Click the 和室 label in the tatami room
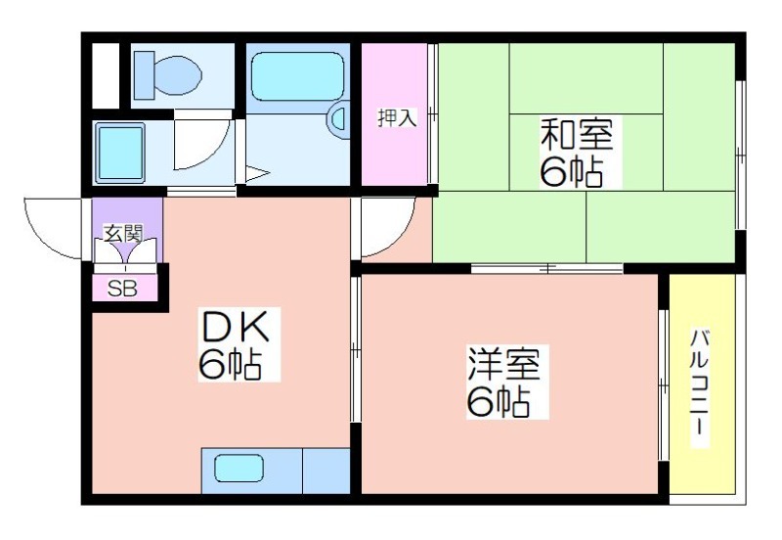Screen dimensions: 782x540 tap(577, 134)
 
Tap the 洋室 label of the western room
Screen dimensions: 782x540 tap(503, 365)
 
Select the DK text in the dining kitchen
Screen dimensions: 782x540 tap(235, 326)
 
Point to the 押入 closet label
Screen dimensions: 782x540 tap(397, 117)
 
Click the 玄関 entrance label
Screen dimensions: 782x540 tap(124, 233)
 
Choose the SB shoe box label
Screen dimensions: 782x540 tap(122, 289)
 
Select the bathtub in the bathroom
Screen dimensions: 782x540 tap(298, 76)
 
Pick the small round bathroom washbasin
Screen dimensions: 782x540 tap(338, 119)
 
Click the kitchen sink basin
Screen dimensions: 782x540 tap(239, 469)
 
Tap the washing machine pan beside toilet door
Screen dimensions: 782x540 tap(120, 153)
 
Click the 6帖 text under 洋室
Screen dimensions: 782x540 tap(499, 402)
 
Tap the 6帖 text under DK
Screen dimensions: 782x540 tap(230, 365)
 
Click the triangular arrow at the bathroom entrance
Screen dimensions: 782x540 tap(257, 174)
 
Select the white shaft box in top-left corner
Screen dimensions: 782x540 tap(106, 76)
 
